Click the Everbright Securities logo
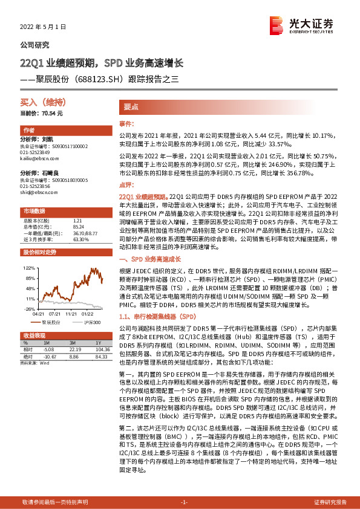click(302, 27)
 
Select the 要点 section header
click(131, 106)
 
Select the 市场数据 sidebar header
click(34, 211)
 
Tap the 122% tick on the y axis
click(29, 267)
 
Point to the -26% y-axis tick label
click(29, 309)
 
